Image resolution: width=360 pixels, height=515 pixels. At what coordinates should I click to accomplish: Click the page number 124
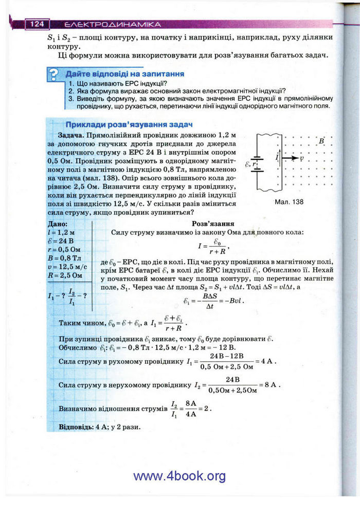(37, 24)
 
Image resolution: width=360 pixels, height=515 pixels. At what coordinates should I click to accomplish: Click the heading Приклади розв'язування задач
(129, 124)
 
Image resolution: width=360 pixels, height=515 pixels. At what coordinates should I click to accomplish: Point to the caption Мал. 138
(289, 202)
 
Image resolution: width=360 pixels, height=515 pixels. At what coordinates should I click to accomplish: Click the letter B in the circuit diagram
(321, 141)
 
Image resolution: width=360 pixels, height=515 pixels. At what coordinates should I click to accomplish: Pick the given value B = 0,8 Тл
(64, 258)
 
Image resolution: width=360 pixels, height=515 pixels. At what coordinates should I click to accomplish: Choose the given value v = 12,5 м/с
(67, 266)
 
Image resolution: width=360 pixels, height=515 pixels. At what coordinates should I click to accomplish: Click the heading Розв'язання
(213, 224)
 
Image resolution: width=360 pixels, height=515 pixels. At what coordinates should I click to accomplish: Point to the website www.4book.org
(179, 476)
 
